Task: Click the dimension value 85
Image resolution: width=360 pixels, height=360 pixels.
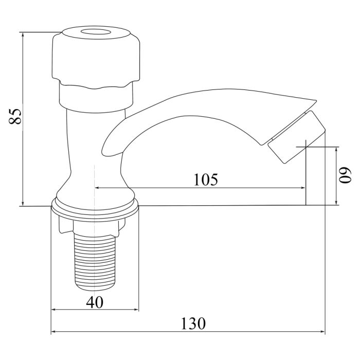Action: pos(15,117)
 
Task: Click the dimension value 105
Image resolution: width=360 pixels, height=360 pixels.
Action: pos(206,179)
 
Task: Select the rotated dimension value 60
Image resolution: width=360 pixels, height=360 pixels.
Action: pos(344,175)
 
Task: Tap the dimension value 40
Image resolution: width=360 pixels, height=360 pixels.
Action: pos(95,302)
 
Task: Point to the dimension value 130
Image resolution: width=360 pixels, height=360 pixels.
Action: pos(193,324)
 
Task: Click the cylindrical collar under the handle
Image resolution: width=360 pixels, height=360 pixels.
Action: pos(96,98)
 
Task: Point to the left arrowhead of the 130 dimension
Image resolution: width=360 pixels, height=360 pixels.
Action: pos(53,332)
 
